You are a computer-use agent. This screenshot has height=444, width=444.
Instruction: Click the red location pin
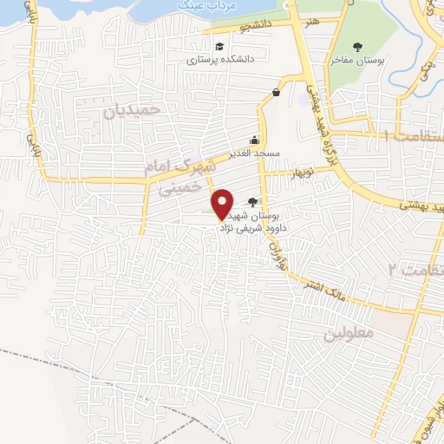223,202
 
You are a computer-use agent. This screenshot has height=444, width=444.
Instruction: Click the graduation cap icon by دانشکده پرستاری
219,47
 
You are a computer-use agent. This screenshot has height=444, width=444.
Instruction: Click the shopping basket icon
276,93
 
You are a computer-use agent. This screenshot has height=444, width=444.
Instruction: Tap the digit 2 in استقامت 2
393,269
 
